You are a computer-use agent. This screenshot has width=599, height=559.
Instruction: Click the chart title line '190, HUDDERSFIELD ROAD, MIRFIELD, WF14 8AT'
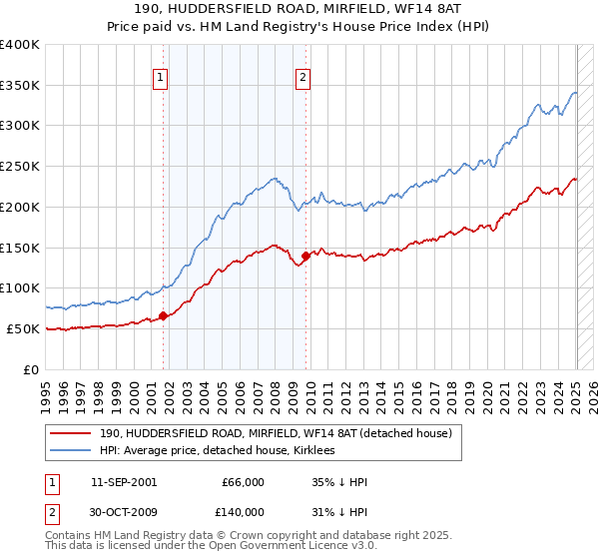[x=299, y=10]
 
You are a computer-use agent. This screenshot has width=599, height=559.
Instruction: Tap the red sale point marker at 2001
[x=164, y=316]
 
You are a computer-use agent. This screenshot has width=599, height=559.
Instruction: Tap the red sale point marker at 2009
[x=305, y=256]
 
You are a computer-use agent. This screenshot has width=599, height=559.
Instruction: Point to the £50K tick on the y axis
[x=24, y=328]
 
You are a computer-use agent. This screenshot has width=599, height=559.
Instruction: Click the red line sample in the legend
[x=71, y=433]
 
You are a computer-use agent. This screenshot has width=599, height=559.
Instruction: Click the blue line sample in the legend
[x=71, y=450]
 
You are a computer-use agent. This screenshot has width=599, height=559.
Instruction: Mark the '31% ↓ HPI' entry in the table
[x=340, y=511]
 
